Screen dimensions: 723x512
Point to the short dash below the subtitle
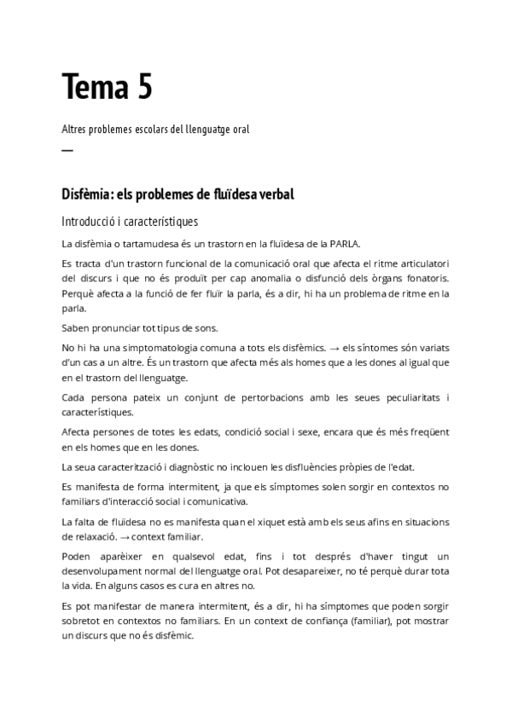(x=67, y=151)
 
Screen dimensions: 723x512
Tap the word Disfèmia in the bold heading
(x=87, y=195)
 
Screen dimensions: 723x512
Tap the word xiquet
(x=274, y=520)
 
